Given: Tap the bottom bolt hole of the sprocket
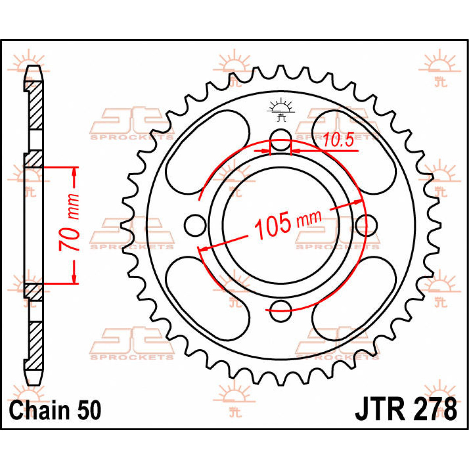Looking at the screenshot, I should tap(281, 311).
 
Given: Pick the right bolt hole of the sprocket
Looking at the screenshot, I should tap(367, 225).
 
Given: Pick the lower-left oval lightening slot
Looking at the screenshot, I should tap(207, 299).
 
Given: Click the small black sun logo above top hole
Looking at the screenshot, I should tap(281, 110).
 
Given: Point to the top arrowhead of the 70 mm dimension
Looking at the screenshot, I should tap(74, 172).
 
